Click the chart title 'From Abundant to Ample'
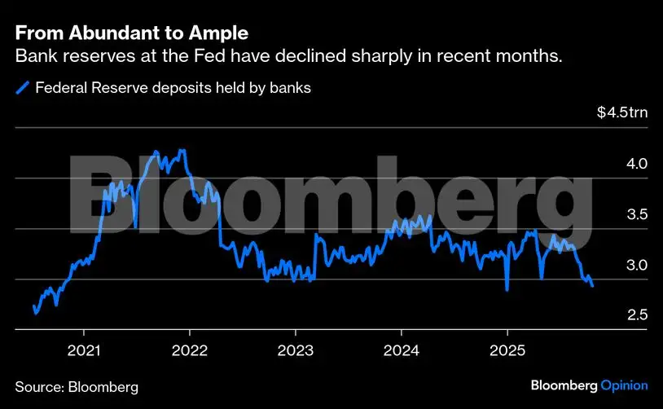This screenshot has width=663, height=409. [x=132, y=34]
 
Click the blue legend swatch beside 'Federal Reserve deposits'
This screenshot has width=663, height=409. [x=24, y=87]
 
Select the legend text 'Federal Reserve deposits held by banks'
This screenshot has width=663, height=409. [x=173, y=87]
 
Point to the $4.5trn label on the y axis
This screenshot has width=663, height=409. [x=622, y=112]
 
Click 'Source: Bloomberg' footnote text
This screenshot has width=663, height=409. [x=77, y=385]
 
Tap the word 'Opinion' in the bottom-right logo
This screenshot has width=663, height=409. [x=624, y=385]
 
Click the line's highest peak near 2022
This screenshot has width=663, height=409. [x=182, y=151]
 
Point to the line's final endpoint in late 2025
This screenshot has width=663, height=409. [x=592, y=286]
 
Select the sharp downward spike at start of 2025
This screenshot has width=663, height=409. [x=507, y=289]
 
